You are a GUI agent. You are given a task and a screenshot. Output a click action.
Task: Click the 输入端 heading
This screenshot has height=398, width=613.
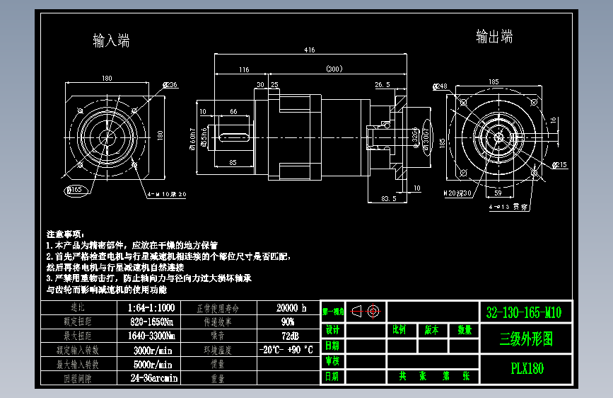pyautogui.click(x=111, y=40)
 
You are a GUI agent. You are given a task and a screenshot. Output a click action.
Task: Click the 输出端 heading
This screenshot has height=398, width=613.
pyautogui.click(x=494, y=36)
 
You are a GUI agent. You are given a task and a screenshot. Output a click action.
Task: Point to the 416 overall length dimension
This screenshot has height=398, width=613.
pyautogui.click(x=310, y=50)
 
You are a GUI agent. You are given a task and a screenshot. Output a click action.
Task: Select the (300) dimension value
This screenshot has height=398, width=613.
pyautogui.click(x=334, y=69)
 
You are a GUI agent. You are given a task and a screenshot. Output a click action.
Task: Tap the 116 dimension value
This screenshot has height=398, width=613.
pyautogui.click(x=244, y=69)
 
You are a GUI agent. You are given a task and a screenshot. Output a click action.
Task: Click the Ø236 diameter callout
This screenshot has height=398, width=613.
pyautogui.click(x=170, y=85)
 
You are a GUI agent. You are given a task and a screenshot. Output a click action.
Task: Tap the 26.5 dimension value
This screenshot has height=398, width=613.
pyautogui.click(x=382, y=85)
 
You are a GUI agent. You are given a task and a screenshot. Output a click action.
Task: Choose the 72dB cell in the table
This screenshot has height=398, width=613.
pyautogui.click(x=288, y=334)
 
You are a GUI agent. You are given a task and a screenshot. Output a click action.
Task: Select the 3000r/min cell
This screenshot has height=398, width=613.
pyautogui.click(x=153, y=349)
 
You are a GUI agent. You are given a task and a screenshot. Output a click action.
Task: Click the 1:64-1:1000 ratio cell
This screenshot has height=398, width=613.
pyautogui.click(x=152, y=308)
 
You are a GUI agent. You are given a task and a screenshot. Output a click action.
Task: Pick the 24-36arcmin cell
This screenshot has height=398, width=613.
pyautogui.click(x=152, y=377)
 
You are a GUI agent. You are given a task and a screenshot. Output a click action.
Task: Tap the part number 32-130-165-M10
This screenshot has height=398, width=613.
pyautogui.click(x=525, y=312)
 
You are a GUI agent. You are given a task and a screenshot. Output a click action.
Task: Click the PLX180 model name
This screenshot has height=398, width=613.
pyautogui.click(x=527, y=368)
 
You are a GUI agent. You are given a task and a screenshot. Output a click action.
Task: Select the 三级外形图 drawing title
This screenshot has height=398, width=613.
pyautogui.click(x=525, y=339)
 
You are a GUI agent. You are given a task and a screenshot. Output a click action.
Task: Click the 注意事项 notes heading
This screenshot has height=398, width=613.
pyautogui.click(x=65, y=234)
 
